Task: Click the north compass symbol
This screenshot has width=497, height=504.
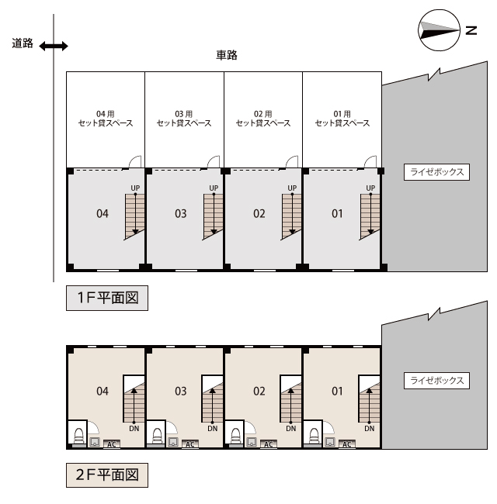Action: [440, 30]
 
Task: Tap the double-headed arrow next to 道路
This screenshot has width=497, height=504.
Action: [54, 47]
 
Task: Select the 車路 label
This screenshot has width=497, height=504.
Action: [227, 55]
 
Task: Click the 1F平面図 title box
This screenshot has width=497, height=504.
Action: [107, 298]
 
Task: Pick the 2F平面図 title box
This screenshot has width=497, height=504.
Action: [107, 475]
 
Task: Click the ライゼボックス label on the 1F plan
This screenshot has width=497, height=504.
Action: [436, 172]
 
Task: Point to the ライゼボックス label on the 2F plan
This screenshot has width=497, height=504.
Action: [436, 381]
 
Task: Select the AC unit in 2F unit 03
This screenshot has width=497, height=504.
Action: [190, 444]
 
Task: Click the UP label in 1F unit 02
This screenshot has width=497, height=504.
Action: [292, 188]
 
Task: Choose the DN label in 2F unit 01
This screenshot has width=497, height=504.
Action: [370, 429]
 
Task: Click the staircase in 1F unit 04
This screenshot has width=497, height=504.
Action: [134, 216]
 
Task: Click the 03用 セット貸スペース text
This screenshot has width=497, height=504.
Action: [184, 119]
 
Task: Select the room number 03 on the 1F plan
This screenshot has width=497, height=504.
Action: [181, 214]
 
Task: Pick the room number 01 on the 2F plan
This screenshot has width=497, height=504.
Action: [337, 391]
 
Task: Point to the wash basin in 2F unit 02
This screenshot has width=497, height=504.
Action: [252, 442]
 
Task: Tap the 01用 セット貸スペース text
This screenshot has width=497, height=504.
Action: [342, 119]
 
